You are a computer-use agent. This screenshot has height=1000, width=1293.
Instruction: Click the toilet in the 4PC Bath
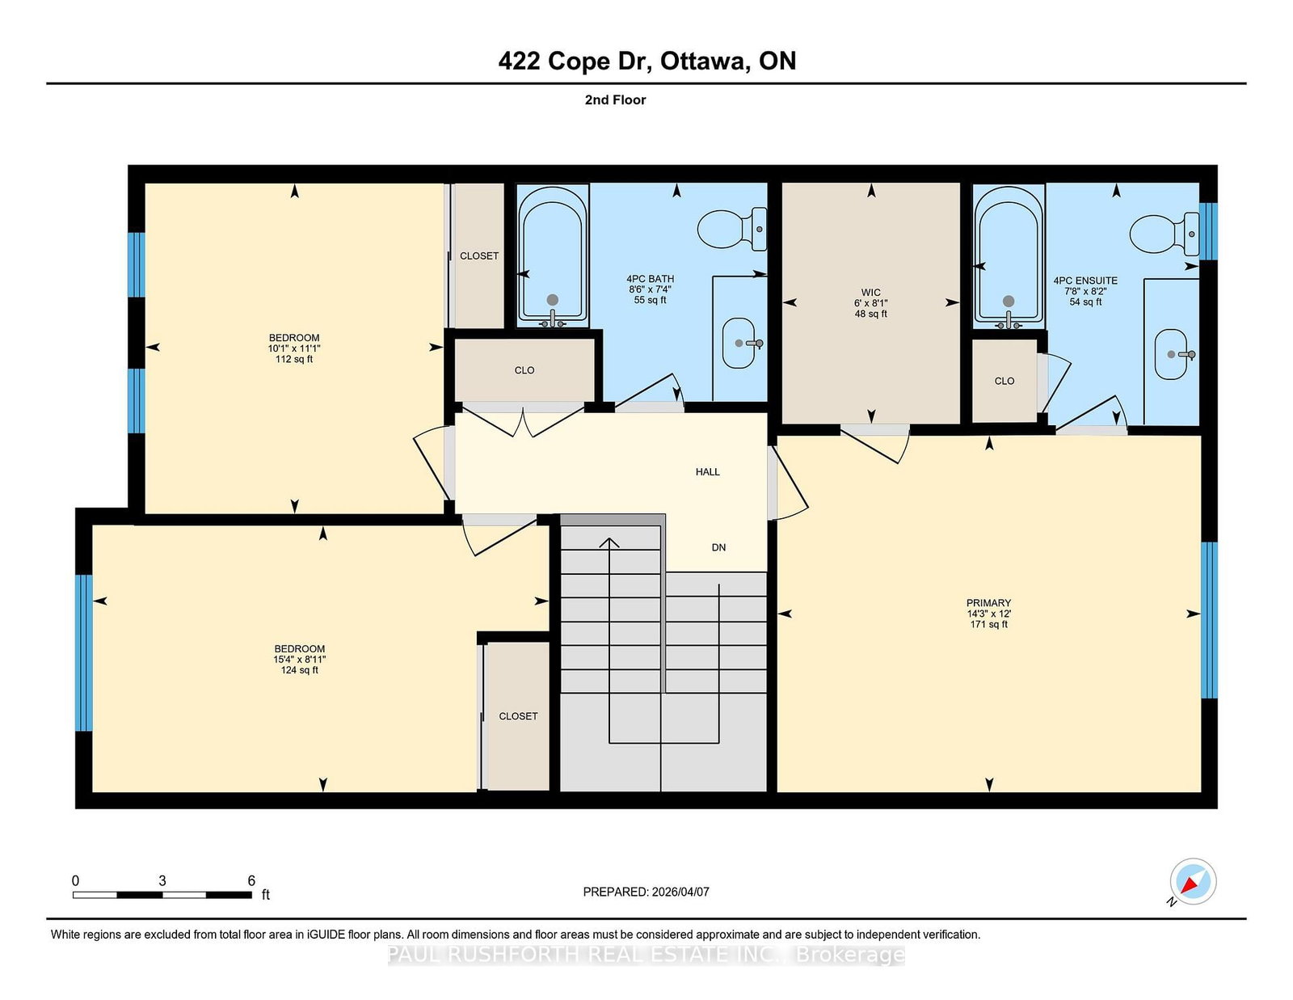click(x=731, y=229)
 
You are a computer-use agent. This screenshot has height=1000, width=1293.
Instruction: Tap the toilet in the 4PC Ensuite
click(x=1164, y=234)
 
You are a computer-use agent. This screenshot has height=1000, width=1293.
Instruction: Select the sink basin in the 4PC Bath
click(x=739, y=344)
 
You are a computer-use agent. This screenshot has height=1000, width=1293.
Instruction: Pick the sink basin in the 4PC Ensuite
click(x=1171, y=354)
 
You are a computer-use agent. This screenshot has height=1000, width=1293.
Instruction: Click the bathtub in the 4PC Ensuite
click(x=1008, y=257)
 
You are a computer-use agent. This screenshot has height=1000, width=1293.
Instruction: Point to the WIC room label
click(x=870, y=293)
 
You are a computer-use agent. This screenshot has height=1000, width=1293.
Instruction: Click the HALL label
click(x=707, y=472)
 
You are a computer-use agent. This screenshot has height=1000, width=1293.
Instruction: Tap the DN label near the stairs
click(x=718, y=547)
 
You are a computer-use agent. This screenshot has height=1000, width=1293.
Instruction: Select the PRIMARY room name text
click(x=988, y=603)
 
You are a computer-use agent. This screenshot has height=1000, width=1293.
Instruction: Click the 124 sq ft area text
click(x=299, y=670)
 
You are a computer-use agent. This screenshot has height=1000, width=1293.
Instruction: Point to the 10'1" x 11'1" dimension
click(x=294, y=348)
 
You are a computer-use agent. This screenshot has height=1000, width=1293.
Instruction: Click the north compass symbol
click(x=1193, y=881)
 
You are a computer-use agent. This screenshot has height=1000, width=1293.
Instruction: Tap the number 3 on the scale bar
click(x=162, y=881)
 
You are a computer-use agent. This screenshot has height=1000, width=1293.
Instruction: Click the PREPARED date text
click(x=646, y=892)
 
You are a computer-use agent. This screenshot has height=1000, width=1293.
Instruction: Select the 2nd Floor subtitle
click(x=615, y=100)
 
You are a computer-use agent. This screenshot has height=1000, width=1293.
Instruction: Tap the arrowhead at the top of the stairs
click(x=609, y=542)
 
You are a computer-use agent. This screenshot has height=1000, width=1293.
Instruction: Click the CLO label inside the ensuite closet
click(x=1004, y=381)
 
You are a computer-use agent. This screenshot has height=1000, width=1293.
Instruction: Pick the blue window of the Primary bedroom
click(x=1208, y=619)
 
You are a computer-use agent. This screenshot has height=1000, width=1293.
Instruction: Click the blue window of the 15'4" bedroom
click(x=84, y=652)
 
